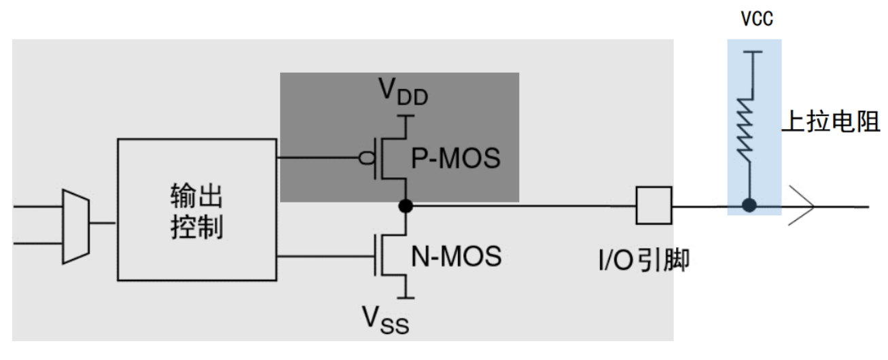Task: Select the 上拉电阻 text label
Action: pyautogui.click(x=831, y=122)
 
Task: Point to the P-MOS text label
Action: pyautogui.click(x=456, y=159)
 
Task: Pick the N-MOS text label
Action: pyautogui.click(x=456, y=256)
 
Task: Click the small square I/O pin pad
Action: pyautogui.click(x=654, y=205)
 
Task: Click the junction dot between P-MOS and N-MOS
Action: pyautogui.click(x=406, y=205)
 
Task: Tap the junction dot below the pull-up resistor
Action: pyautogui.click(x=749, y=204)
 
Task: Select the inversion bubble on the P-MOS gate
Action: pyautogui.click(x=367, y=159)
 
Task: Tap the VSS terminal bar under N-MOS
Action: pyautogui.click(x=406, y=297)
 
